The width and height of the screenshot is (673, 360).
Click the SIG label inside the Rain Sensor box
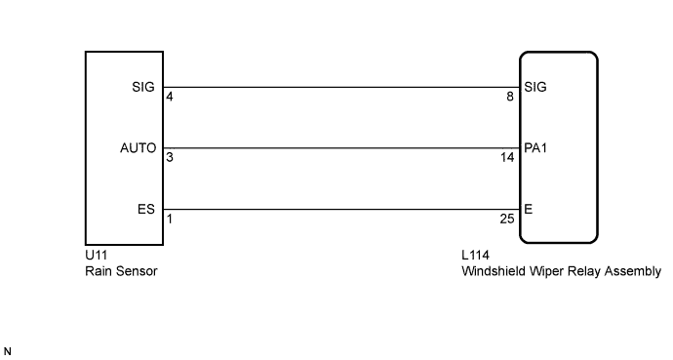[142, 87]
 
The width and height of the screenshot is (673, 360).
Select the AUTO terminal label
[138, 148]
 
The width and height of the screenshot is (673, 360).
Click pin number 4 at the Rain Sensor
[171, 98]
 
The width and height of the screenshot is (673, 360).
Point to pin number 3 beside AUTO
[171, 158]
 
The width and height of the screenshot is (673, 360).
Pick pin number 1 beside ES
[171, 219]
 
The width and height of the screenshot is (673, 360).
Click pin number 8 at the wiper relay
[510, 98]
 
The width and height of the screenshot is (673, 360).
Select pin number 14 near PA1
[507, 158]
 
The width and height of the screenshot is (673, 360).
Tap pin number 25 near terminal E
[507, 219]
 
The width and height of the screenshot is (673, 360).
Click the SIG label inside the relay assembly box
[535, 87]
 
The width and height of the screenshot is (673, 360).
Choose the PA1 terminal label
[536, 148]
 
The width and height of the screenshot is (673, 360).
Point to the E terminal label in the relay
[528, 209]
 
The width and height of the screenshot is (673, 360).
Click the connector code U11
[96, 257]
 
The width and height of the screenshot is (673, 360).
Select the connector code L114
[475, 257]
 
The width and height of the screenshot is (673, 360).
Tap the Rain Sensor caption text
[122, 272]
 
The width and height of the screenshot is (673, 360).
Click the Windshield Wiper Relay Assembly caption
[560, 272]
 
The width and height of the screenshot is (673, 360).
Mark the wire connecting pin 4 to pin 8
[341, 87]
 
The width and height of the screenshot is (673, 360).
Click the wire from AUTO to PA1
[341, 148]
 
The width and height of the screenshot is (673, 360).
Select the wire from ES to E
[341, 209]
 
